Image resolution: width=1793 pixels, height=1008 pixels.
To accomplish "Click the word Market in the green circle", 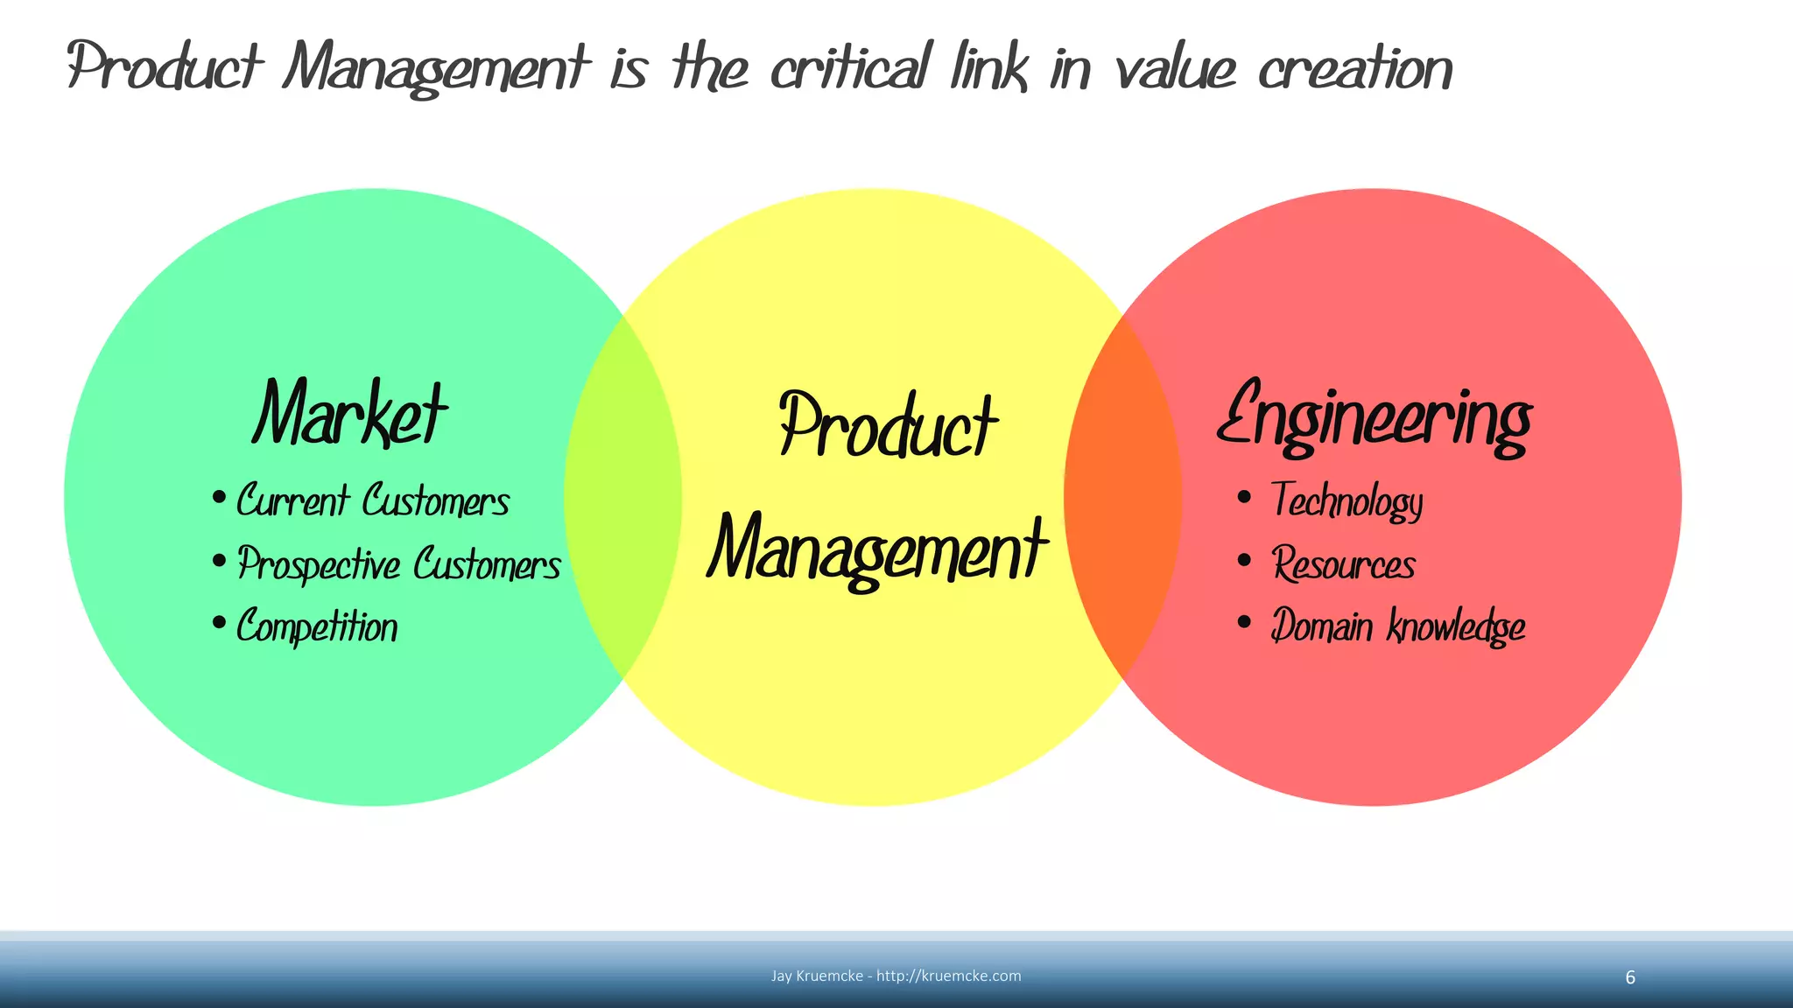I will tap(350, 413).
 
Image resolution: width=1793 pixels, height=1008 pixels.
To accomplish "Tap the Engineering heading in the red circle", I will tap(1375, 418).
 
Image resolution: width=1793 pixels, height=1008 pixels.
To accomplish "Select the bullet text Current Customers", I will tap(373, 500).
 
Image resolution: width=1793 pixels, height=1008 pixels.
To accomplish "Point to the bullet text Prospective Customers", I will tap(399, 564).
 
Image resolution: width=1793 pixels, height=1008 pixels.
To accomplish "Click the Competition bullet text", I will tap(317, 626).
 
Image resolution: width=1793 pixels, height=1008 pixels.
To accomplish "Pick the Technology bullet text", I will tap(1347, 501).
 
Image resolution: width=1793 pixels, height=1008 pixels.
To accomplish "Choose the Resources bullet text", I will tap(1343, 564).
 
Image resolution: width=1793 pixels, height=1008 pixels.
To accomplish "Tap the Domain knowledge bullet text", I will tap(1397, 626).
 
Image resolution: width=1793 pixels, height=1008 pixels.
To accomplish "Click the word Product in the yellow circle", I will tap(888, 426).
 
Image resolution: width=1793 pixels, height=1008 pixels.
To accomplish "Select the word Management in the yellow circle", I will tap(877, 549).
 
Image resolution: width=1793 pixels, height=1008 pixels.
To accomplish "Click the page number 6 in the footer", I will tap(1630, 977).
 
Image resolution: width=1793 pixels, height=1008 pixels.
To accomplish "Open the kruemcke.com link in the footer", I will tap(948, 976).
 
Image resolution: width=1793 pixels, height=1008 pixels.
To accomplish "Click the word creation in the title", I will tap(1355, 68).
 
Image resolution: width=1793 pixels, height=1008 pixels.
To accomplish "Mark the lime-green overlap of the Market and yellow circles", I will tap(622, 497).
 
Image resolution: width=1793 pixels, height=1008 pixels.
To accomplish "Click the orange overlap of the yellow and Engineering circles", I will tap(1123, 497).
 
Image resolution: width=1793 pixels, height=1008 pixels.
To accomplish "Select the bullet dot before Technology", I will tap(1244, 498).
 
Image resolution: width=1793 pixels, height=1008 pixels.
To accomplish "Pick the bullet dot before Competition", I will tap(219, 624).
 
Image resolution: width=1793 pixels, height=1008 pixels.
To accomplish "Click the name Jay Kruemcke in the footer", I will tap(817, 976).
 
